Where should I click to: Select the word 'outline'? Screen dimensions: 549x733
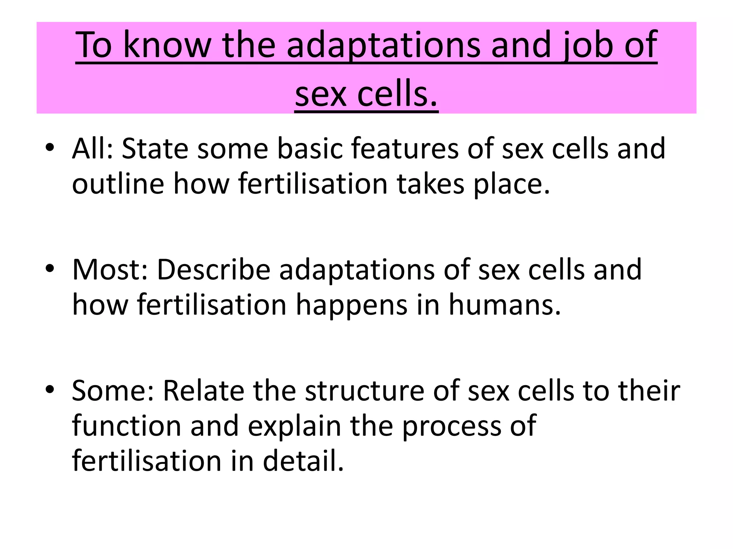pos(118,184)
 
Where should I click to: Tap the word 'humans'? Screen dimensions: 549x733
pos(505,305)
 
